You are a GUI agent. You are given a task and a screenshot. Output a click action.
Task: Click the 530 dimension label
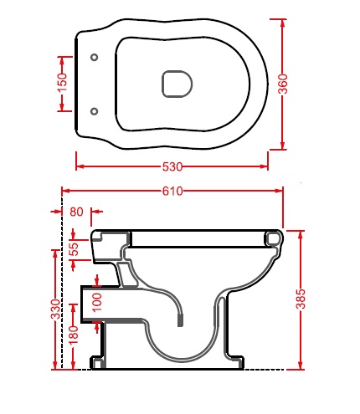coord(172,166)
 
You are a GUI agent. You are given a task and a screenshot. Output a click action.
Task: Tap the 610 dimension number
coord(172,192)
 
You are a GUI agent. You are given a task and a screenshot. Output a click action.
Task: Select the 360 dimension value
coord(283,84)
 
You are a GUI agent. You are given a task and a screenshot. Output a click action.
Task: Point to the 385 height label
coord(301,299)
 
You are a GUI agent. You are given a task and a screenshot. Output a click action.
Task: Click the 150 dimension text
coord(62,83)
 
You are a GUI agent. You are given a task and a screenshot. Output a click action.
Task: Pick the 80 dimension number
coord(76,212)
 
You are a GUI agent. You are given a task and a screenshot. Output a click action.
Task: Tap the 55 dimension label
coord(74,249)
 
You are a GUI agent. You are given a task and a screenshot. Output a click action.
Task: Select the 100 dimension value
coord(97,303)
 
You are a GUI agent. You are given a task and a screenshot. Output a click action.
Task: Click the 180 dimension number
coord(74,335)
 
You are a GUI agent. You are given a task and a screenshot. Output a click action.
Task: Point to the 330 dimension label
coord(55,309)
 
